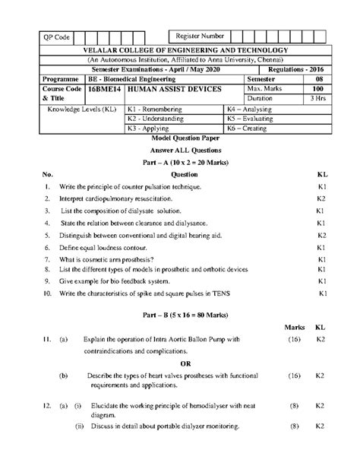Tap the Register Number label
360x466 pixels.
pyautogui.click(x=200, y=36)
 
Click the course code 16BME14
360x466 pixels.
pyautogui.click(x=107, y=89)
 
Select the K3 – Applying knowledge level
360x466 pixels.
pyautogui.click(x=153, y=129)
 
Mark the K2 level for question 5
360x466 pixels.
pyautogui.click(x=321, y=236)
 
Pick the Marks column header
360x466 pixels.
pyautogui.click(x=294, y=326)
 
